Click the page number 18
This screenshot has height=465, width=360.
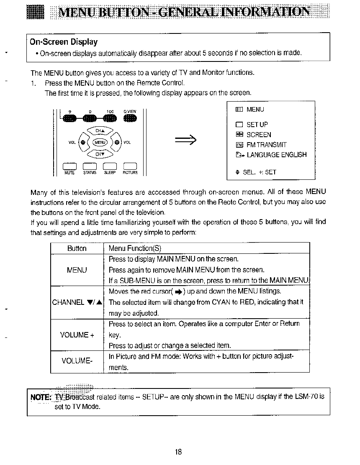tap(178, 452)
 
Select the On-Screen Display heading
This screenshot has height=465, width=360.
tap(64, 42)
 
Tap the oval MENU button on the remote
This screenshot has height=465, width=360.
tap(100, 142)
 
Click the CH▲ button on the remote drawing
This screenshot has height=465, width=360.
tap(99, 130)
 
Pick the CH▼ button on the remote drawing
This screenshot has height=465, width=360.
tap(99, 154)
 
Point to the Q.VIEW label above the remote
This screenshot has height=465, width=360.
tap(129, 112)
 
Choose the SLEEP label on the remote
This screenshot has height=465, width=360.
tap(110, 172)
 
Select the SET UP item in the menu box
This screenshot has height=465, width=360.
tap(257, 125)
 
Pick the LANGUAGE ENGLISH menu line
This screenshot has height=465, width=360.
tap(276, 155)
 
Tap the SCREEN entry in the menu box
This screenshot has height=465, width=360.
tap(259, 135)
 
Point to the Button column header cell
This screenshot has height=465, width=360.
tap(77, 248)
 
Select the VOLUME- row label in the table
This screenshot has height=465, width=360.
tap(77, 361)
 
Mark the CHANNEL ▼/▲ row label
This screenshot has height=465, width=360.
tap(77, 302)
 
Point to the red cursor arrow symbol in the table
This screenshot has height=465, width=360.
tap(178, 291)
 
